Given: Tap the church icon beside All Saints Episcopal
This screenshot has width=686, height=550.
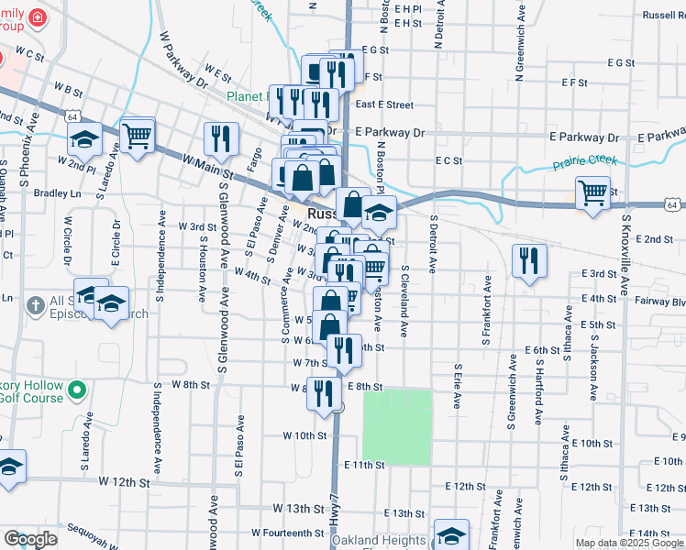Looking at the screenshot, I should point(36,305).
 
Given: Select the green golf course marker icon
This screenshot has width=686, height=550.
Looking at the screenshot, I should point(78,390).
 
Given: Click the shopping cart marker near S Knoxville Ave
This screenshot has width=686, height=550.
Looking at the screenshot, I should point(593,193).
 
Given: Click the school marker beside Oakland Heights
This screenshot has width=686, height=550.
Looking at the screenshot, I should point(451,535).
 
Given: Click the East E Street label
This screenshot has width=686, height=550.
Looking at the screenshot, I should point(384,105).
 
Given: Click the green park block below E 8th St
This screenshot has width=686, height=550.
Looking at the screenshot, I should point(397,425).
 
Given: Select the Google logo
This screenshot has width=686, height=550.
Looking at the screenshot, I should point(29,539).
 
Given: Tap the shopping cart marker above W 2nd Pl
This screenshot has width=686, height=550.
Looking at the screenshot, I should point(137,137).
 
